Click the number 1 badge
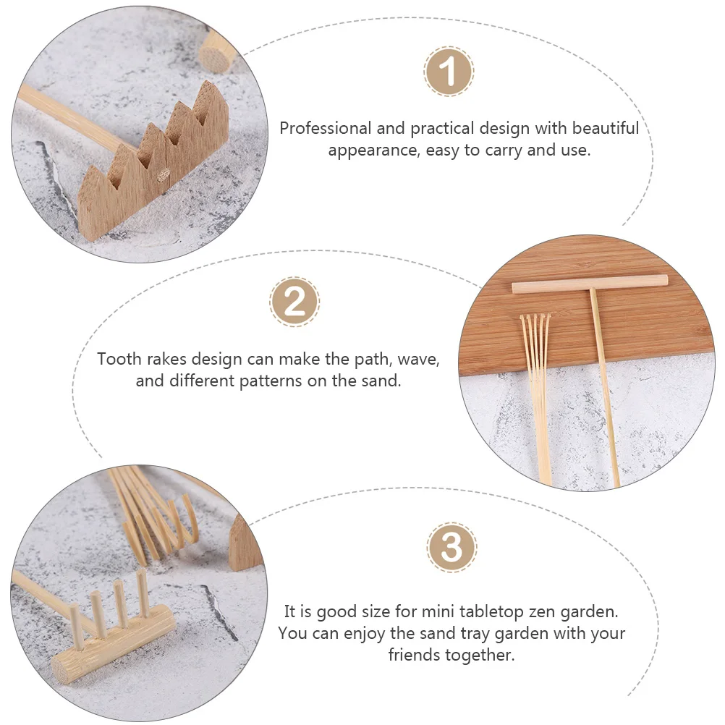[x=448, y=71]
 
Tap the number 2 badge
[x=294, y=302]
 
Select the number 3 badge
[x=451, y=548]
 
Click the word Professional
[x=325, y=128]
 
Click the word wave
[x=418, y=360]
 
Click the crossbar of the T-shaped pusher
[x=590, y=284]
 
